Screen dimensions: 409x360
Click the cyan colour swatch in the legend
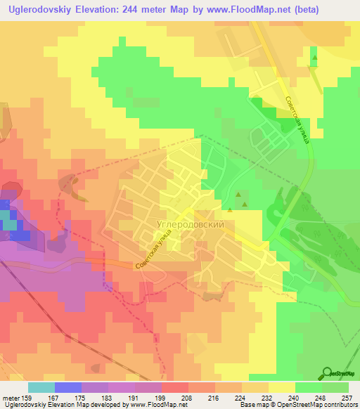(x=41, y=388)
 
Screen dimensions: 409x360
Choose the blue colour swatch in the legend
(x=68, y=388)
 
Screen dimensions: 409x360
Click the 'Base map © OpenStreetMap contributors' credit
(x=297, y=405)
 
